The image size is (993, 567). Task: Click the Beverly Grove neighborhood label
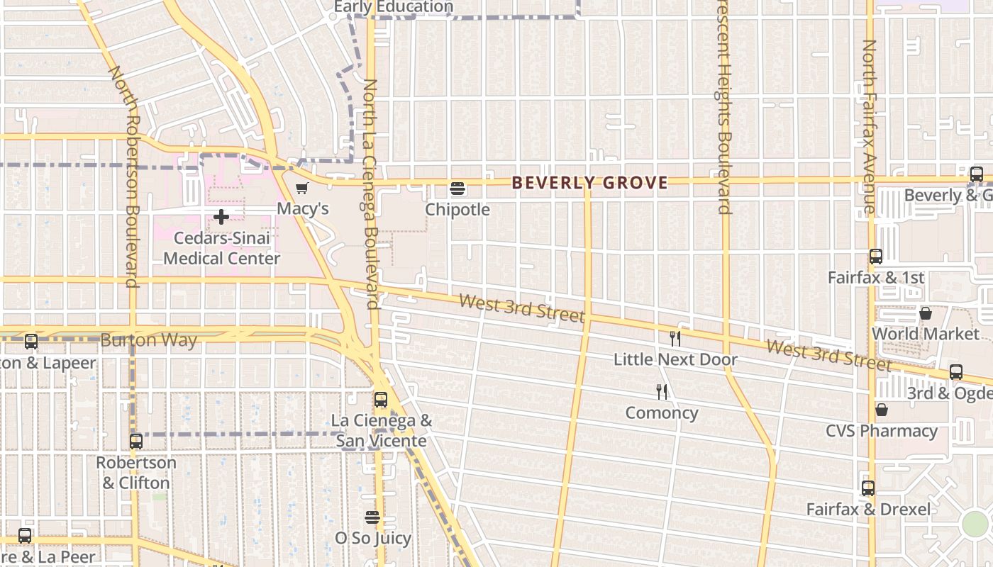tap(589, 183)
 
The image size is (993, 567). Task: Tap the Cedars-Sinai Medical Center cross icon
tap(221, 216)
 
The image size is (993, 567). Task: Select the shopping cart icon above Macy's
tap(302, 188)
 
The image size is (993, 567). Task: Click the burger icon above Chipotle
tap(457, 189)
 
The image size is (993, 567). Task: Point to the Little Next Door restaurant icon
tap(675, 339)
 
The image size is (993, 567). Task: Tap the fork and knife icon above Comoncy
tap(662, 392)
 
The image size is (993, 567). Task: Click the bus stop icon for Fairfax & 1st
tap(876, 257)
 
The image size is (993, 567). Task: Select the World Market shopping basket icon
tap(926, 313)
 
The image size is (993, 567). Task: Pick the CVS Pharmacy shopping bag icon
tap(882, 410)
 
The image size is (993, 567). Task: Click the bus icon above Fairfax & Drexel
tap(868, 488)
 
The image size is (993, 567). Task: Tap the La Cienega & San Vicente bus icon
tap(381, 400)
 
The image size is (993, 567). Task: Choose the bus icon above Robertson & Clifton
tap(136, 442)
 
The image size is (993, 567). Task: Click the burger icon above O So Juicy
tap(372, 517)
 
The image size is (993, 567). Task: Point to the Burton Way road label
tap(149, 340)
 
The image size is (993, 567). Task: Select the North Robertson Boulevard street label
tap(123, 177)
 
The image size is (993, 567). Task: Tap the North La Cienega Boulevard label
tap(370, 194)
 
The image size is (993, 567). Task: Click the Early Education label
tap(393, 7)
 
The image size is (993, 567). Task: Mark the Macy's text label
tap(303, 208)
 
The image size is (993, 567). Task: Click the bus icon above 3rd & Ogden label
tap(956, 372)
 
